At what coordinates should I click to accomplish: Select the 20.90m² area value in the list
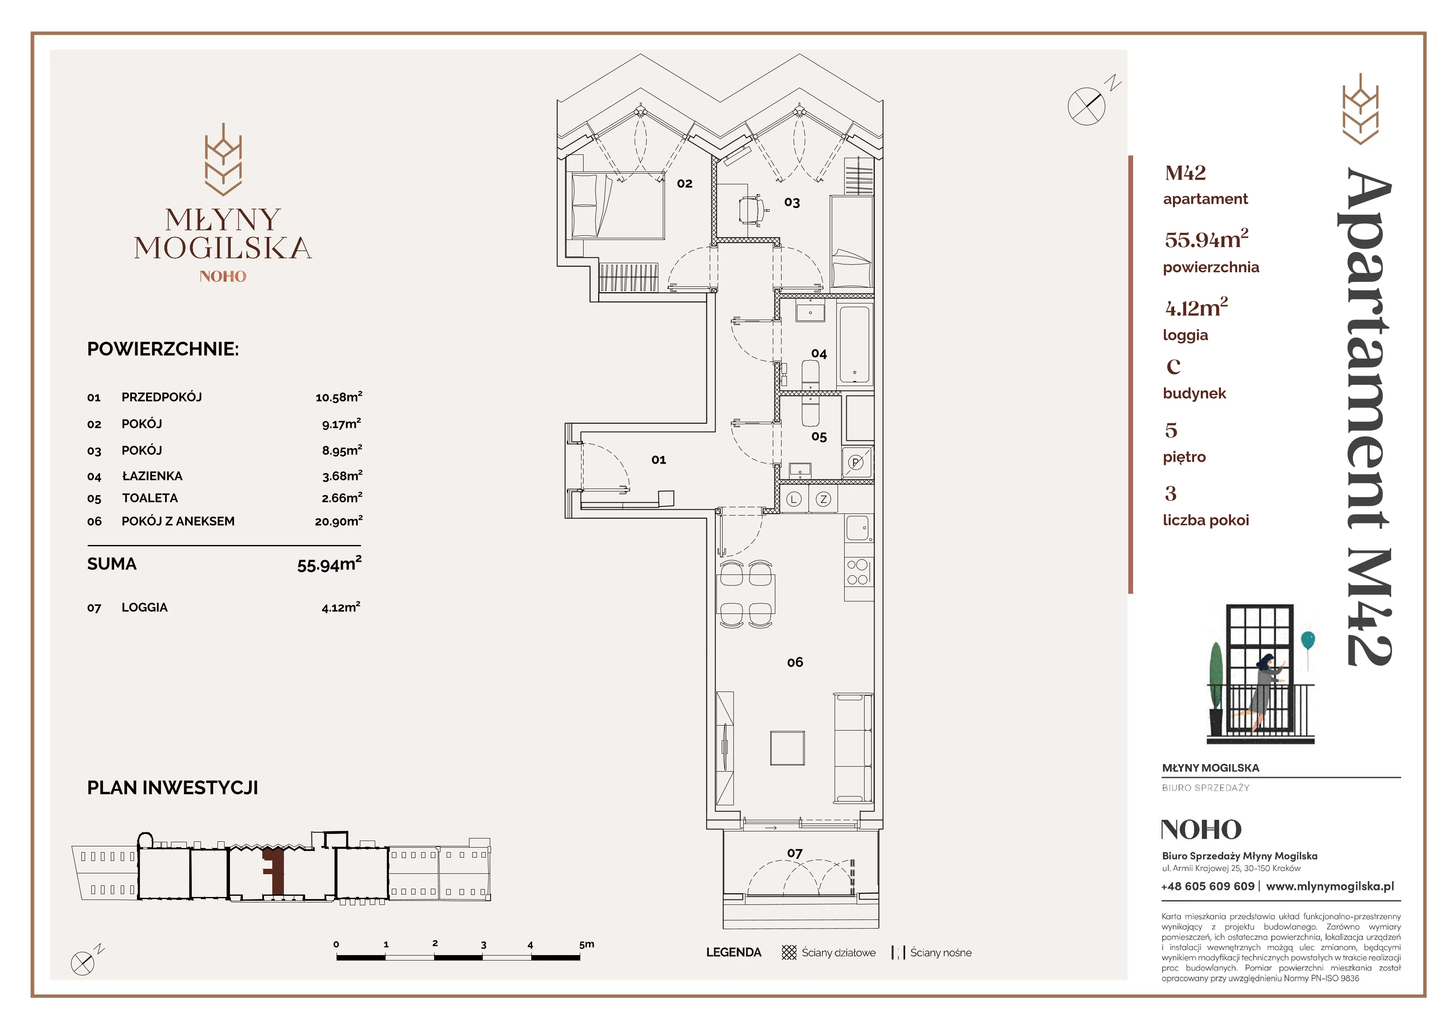pyautogui.click(x=339, y=521)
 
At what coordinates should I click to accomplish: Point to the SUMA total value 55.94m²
pyautogui.click(x=330, y=564)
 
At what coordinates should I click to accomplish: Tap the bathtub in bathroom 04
pyautogui.click(x=855, y=345)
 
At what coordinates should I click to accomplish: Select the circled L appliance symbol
pyautogui.click(x=794, y=500)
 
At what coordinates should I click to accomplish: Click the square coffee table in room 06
pyautogui.click(x=788, y=748)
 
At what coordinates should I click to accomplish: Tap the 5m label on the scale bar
pyautogui.click(x=586, y=944)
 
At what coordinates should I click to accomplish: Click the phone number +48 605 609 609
pyautogui.click(x=1208, y=886)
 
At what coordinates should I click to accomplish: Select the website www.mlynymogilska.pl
pyautogui.click(x=1330, y=886)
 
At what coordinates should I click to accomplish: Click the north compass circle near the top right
pyautogui.click(x=1086, y=106)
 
